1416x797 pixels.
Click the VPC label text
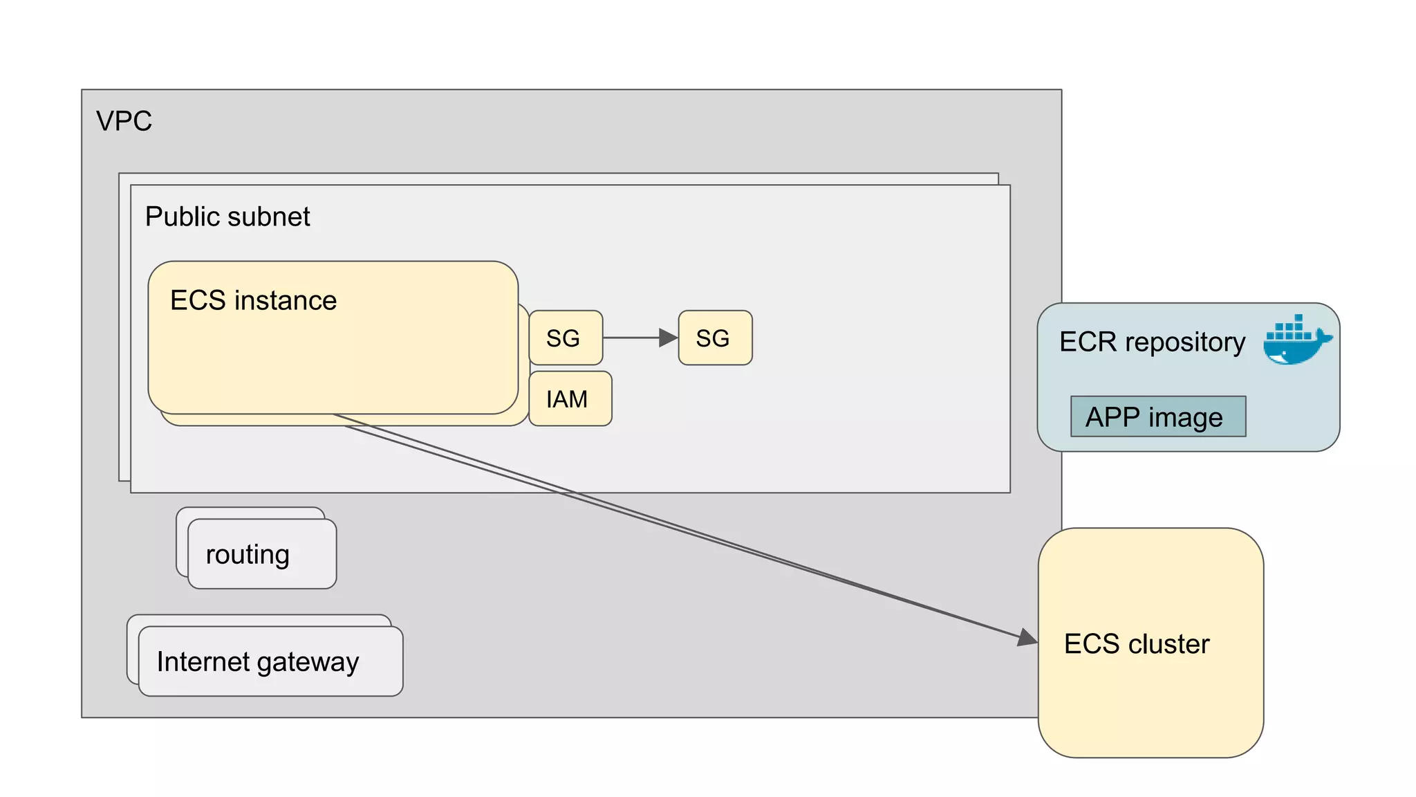pyautogui.click(x=124, y=121)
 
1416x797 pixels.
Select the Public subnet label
pyautogui.click(x=227, y=217)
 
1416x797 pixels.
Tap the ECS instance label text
pyautogui.click(x=253, y=300)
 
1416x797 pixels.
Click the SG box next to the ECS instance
pyautogui.click(x=565, y=338)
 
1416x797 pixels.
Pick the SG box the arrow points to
pyautogui.click(x=715, y=338)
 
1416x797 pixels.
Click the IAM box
pyautogui.click(x=569, y=398)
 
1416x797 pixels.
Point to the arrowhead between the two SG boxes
pyautogui.click(x=668, y=338)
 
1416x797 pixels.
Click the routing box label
pyautogui.click(x=248, y=554)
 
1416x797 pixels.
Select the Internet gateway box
pyautogui.click(x=270, y=661)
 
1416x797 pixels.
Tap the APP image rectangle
pyautogui.click(x=1157, y=416)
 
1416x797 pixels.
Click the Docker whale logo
pyautogui.click(x=1296, y=340)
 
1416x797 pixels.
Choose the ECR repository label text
pyautogui.click(x=1152, y=342)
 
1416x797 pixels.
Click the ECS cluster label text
pyautogui.click(x=1137, y=643)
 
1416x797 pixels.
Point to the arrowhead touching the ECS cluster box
pyautogui.click(x=1028, y=637)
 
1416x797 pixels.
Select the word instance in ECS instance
pyautogui.click(x=286, y=300)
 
